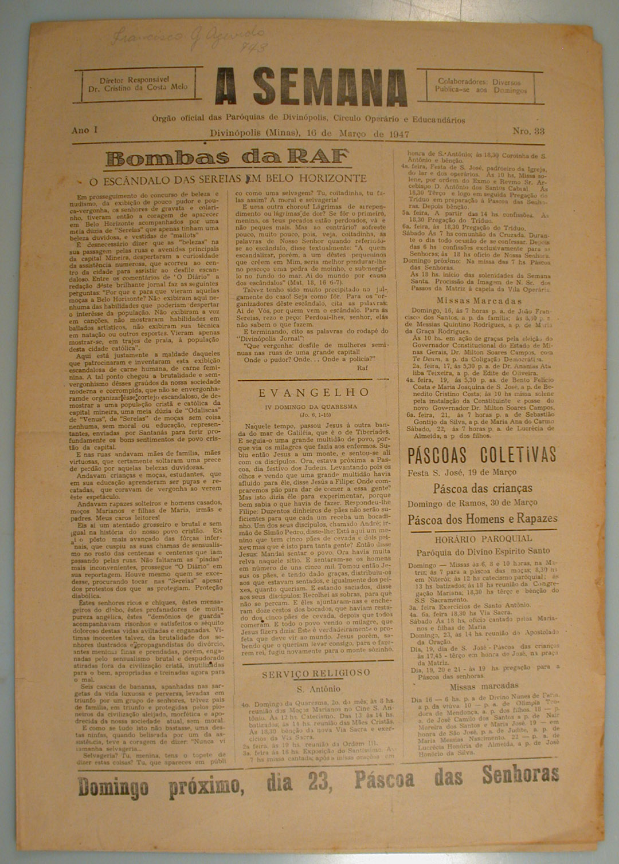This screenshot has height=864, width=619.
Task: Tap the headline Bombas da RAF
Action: (x=228, y=156)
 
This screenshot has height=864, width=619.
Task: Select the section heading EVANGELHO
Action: (x=314, y=393)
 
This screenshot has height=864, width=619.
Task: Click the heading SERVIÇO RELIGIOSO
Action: (x=316, y=674)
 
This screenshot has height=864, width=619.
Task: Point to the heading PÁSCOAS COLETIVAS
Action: (x=481, y=455)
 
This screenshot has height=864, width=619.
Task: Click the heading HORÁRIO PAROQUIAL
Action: (x=483, y=538)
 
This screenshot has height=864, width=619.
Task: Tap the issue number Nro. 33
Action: (x=528, y=131)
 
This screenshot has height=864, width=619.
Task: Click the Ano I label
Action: (x=84, y=130)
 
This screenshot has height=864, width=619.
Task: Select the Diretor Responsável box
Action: (x=142, y=84)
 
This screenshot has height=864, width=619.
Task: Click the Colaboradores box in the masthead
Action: (x=480, y=86)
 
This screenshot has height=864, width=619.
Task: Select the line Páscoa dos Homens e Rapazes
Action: (x=483, y=519)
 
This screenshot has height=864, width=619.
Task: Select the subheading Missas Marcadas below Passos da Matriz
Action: (x=479, y=301)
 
